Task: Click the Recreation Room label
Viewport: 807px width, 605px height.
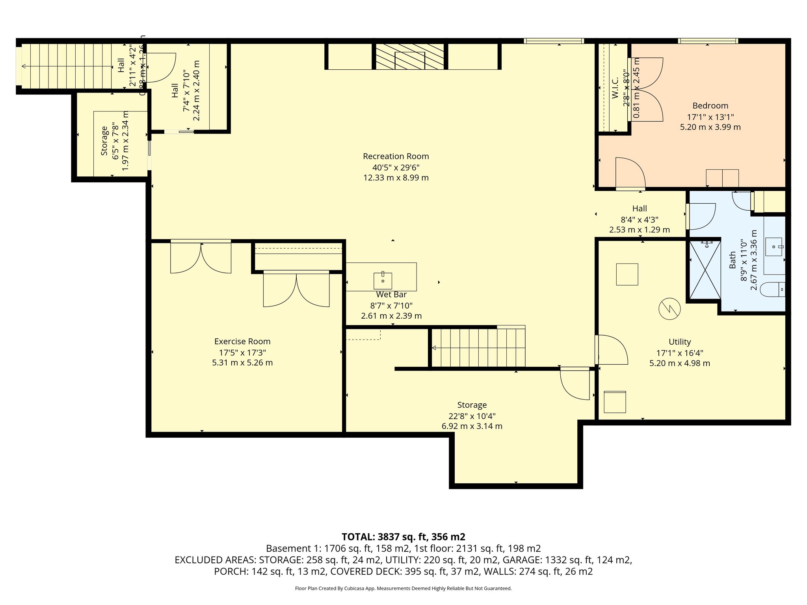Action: coord(396,156)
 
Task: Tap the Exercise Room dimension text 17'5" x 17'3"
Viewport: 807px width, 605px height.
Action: coord(242,353)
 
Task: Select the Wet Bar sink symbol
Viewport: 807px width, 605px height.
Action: coord(383,280)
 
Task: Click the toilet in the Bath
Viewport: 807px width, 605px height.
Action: coord(773,290)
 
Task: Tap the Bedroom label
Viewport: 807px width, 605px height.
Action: coord(710,106)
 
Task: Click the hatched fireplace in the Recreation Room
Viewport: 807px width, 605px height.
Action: coord(410,56)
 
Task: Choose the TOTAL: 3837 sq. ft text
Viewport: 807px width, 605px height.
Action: coord(403,536)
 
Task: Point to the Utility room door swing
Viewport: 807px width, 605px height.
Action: coord(612,350)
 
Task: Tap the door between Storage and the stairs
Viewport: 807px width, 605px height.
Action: coord(575,384)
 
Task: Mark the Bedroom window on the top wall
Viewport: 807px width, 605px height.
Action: coord(708,41)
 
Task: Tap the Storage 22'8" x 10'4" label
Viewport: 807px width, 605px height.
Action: coord(472,405)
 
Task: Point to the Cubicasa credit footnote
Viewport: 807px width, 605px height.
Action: coord(403,588)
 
